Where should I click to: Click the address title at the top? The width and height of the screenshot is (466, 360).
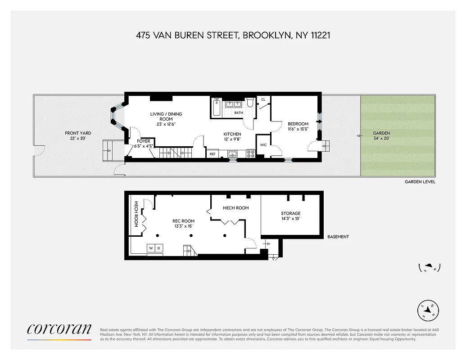pos(233,35)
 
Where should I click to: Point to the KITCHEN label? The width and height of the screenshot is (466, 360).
pos(232,137)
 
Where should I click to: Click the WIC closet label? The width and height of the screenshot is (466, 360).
pos(263,145)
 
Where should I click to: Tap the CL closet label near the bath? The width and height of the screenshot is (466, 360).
pos(263,99)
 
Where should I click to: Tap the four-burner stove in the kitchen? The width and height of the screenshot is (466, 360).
pos(250,153)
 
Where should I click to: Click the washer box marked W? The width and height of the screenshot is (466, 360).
pos(151,248)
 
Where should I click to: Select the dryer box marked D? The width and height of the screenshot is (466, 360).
pos(158,248)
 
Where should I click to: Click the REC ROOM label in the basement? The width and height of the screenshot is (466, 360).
pos(184,224)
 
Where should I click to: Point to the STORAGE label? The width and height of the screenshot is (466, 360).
pos(290,216)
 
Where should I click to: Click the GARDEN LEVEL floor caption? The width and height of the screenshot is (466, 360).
pos(420,181)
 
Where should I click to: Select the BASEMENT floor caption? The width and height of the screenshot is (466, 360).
pos(338,237)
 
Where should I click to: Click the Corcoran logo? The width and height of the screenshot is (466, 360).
pos(59,329)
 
